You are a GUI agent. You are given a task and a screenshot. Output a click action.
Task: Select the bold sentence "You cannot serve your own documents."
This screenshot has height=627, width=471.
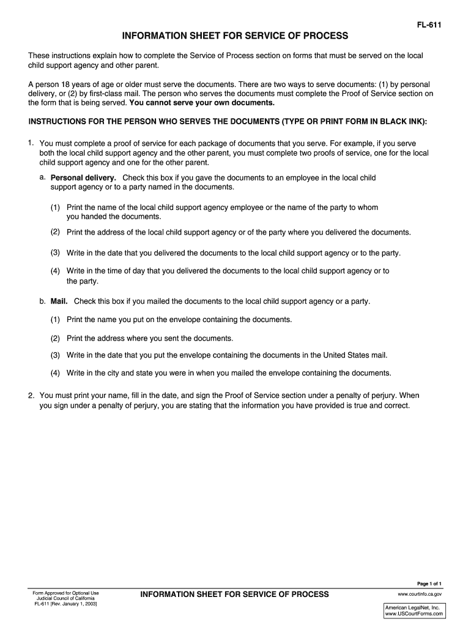pyautogui.click(x=202, y=103)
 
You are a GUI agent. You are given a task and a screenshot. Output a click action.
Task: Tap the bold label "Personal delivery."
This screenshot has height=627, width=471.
pyautogui.click(x=83, y=178)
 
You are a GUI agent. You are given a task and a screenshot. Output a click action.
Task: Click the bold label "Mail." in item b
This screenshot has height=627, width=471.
pyautogui.click(x=59, y=301)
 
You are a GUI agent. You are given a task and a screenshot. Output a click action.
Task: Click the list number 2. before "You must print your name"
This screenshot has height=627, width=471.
pyautogui.click(x=31, y=396)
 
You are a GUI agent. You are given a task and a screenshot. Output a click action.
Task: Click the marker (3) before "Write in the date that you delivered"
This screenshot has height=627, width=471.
pyautogui.click(x=55, y=252)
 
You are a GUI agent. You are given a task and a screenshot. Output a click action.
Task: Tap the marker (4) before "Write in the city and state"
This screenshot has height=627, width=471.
pyautogui.click(x=55, y=373)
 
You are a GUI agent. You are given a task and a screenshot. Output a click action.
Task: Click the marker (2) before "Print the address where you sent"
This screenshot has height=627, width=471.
pyautogui.click(x=55, y=338)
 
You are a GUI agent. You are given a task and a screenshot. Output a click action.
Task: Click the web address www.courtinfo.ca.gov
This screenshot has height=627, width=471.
pyautogui.click(x=420, y=594)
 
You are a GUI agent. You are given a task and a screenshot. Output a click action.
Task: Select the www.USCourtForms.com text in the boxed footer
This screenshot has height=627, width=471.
pyautogui.click(x=414, y=614)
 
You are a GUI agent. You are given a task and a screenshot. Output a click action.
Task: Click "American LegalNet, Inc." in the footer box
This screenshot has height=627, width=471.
pyautogui.click(x=412, y=607)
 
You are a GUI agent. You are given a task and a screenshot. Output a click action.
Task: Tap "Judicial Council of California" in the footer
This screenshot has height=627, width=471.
pyautogui.click(x=66, y=598)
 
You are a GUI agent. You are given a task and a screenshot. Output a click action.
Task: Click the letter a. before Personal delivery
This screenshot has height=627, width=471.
pyautogui.click(x=43, y=178)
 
